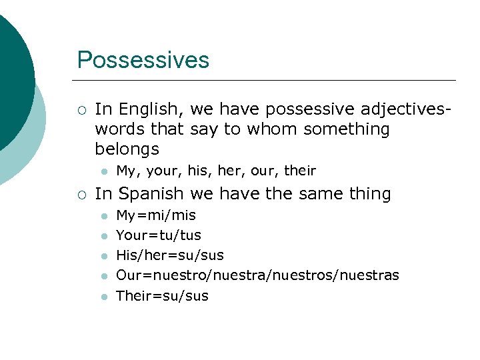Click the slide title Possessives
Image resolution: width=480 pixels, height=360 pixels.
tap(143, 60)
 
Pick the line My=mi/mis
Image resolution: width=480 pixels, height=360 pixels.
tap(156, 215)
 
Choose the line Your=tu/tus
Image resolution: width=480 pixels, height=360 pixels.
tap(159, 235)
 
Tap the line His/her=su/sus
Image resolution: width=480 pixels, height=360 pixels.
tap(170, 255)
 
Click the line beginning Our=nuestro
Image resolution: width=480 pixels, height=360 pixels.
tap(257, 275)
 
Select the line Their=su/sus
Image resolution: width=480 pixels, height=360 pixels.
tap(162, 295)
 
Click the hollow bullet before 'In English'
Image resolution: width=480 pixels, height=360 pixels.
tap(81, 109)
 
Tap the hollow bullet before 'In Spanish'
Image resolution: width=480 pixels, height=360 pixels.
tap(81, 195)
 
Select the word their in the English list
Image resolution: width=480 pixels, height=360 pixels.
tap(300, 171)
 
